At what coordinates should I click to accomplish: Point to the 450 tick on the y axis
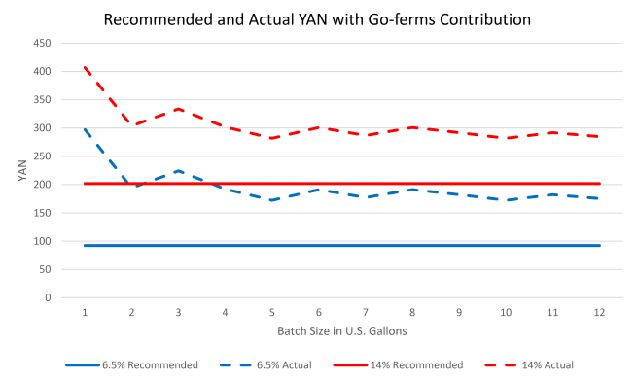[42, 44]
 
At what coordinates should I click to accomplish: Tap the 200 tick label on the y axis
[42, 185]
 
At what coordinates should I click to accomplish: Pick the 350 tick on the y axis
[42, 100]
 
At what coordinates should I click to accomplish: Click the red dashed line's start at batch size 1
[85, 68]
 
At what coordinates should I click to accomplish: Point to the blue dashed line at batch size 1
[85, 129]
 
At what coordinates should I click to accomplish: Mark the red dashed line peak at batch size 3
[178, 109]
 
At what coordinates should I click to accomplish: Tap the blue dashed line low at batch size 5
[271, 200]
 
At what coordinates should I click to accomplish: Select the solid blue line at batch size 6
[319, 245]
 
